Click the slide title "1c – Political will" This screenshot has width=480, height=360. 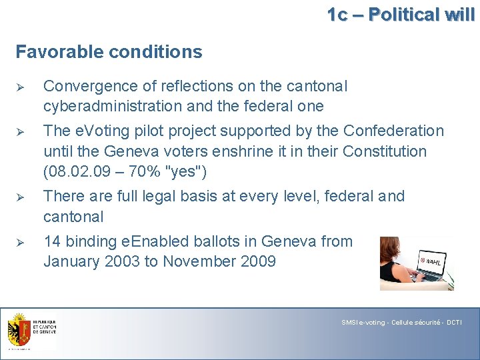pos(401,14)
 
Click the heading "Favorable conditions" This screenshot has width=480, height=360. pos(109,51)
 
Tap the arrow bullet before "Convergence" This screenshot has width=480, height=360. pos(20,87)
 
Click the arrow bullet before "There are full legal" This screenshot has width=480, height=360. pos(20,197)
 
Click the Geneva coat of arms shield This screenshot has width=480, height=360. pos(19,329)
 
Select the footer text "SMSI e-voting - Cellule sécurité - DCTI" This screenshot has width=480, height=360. pos(401,323)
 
